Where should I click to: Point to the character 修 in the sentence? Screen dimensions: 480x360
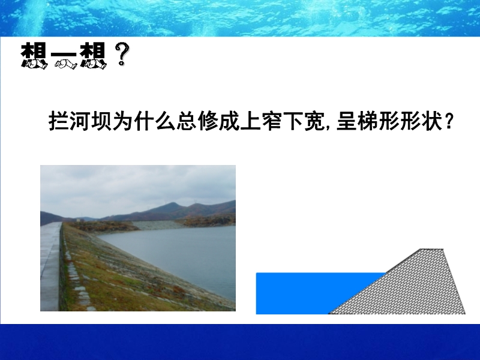coord(208,121)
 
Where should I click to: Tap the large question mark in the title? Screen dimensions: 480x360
coord(122,54)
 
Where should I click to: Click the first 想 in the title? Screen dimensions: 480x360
coord(34,56)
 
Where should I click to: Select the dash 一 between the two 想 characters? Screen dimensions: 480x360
coord(64,56)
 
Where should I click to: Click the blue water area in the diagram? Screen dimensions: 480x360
coord(306,293)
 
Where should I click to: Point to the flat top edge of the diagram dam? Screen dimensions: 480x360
coord(431,249)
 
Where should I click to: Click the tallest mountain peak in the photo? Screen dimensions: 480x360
coord(172,203)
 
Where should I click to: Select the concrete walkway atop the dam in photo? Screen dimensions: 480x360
coord(50,266)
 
